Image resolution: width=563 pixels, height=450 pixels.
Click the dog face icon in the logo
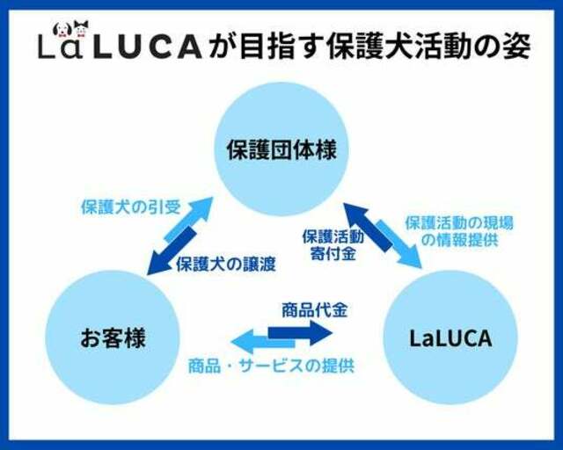click(x=60, y=29)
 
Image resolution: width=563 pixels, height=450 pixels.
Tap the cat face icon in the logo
click(x=81, y=29)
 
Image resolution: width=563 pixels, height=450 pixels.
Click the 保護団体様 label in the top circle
click(x=281, y=149)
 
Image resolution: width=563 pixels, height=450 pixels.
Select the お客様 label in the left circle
click(x=113, y=338)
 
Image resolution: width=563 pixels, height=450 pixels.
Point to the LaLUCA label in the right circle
click(x=450, y=338)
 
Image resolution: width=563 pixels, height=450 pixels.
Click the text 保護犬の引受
click(x=131, y=207)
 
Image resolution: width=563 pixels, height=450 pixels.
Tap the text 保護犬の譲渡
click(x=226, y=265)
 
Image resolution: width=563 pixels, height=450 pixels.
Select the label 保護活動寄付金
click(x=333, y=244)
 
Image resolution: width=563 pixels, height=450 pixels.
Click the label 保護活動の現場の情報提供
click(x=459, y=231)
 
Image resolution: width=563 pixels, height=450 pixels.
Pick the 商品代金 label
click(x=315, y=310)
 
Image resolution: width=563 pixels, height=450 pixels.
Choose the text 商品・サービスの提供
click(x=272, y=366)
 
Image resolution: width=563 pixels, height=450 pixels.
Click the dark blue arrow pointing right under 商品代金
click(x=301, y=332)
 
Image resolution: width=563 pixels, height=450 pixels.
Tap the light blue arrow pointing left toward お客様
click(x=263, y=341)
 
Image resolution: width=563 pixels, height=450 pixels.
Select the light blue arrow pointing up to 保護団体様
click(x=188, y=219)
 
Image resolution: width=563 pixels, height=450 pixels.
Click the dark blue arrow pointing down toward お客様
click(x=172, y=252)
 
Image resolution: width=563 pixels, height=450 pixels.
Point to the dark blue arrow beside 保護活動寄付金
click(x=367, y=227)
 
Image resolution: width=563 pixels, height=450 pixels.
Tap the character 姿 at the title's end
click(x=516, y=47)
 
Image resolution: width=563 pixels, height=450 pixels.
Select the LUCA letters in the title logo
click(x=147, y=47)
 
